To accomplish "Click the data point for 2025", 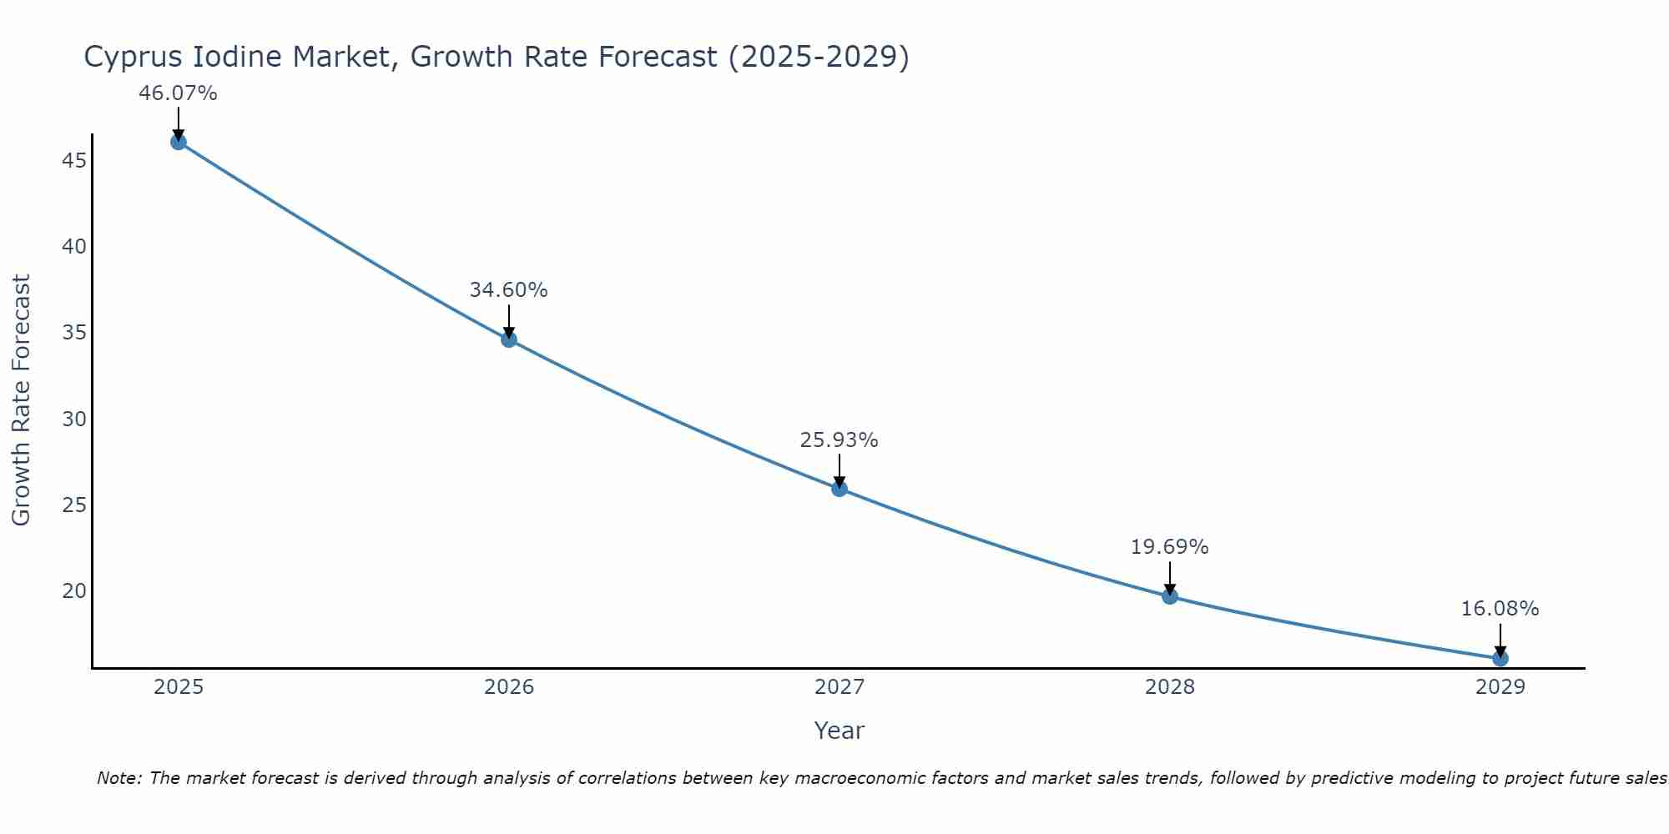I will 178,142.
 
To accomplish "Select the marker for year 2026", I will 509,339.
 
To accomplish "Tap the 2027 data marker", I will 840,489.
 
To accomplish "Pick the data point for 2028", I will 1170,596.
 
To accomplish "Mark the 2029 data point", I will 1500,658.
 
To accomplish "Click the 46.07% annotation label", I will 178,93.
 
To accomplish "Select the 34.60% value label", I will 508,290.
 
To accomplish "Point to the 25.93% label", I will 839,440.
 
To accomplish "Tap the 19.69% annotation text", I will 1169,547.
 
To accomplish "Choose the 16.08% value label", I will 1500,609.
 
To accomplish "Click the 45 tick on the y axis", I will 74,160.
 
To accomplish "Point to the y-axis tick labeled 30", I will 74,419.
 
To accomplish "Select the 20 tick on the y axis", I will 74,590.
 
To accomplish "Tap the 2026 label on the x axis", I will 509,687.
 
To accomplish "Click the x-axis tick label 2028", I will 1170,687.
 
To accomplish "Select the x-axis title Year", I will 839,731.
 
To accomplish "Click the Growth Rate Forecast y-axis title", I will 21,399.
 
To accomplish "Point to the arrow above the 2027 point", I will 840,469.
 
